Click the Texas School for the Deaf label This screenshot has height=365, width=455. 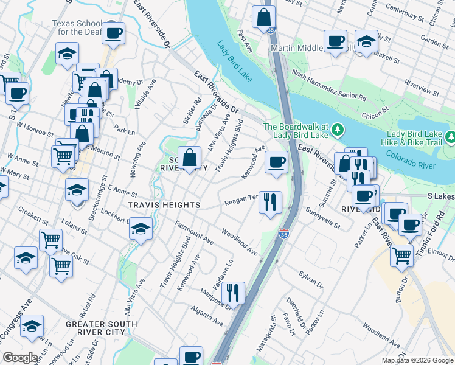tap(74, 28)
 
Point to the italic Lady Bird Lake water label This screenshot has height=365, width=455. tap(234, 60)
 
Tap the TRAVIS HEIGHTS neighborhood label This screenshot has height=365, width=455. tap(164, 206)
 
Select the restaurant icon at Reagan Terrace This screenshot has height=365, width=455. tap(270, 201)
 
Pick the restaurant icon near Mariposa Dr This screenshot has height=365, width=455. tap(233, 293)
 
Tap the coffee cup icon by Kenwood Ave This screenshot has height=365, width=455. tap(276, 162)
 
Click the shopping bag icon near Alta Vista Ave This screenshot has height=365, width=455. tap(190, 158)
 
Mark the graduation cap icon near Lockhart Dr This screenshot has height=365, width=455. tap(141, 229)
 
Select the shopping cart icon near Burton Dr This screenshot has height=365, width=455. tap(401, 255)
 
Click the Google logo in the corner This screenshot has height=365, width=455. tap(20, 358)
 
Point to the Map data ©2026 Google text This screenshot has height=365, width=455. tap(417, 360)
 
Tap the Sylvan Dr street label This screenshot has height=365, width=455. tap(311, 278)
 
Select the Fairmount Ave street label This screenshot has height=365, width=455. tap(194, 234)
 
